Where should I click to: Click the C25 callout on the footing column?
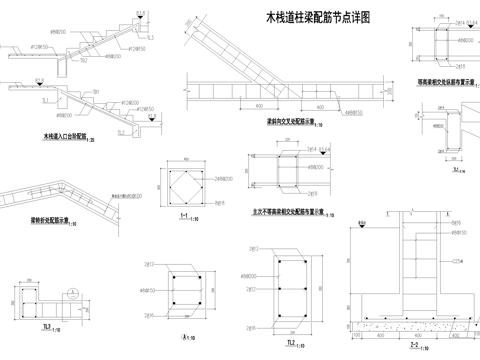tap(457, 261)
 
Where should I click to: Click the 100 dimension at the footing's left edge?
tap(356, 337)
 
